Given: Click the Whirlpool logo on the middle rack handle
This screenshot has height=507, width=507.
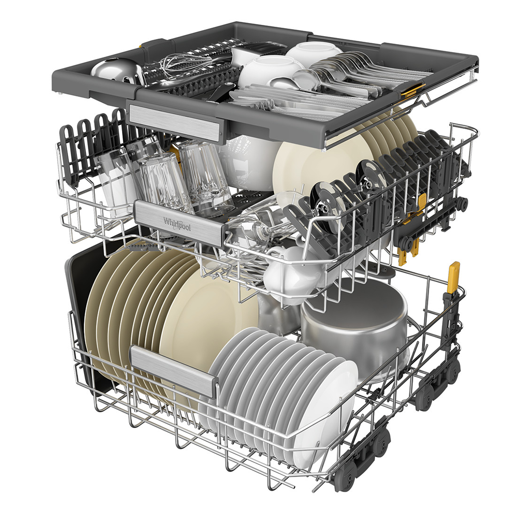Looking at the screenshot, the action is point(177,223).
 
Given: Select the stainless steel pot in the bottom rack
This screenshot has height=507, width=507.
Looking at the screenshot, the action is point(354,327).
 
